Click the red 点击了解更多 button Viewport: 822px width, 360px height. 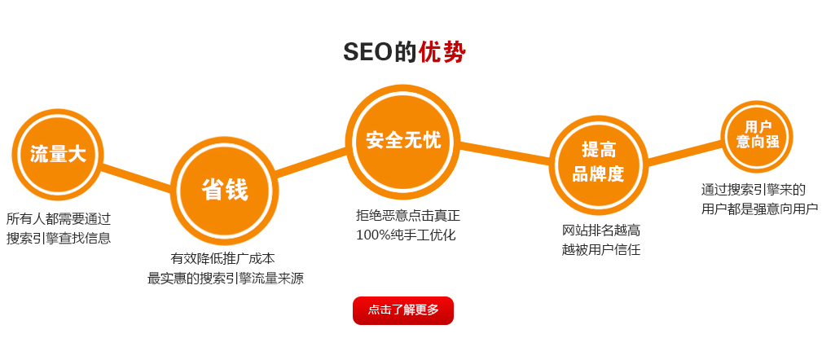pos(402,310)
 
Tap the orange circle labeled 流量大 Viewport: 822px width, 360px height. pos(58,155)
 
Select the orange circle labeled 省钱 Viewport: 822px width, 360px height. pos(225,191)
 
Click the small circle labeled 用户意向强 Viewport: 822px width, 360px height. pos(757,137)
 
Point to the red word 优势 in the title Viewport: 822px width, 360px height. pos(442,52)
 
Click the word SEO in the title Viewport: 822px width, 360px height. pos(367,52)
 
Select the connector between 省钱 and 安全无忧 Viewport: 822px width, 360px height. pos(311,162)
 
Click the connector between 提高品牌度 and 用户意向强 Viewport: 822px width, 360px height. pos(684,152)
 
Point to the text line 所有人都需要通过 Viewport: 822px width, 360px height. pos(59,218)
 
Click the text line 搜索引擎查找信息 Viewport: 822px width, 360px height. pos(59,238)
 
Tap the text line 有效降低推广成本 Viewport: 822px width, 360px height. pos(222,258)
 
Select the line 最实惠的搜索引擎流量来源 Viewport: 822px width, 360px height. pos(226,279)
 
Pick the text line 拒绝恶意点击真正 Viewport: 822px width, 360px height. pos(408,215)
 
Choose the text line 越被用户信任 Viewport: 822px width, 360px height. pos(601,249)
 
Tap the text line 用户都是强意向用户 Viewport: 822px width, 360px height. pos(759,209)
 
